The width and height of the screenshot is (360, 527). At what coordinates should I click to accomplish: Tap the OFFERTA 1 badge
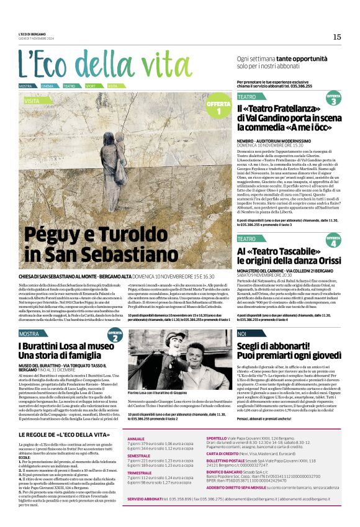coord(218,107)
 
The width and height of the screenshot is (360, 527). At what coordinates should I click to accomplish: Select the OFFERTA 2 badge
coord(115,336)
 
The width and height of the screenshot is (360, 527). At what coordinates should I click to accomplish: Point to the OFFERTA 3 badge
coord(333,98)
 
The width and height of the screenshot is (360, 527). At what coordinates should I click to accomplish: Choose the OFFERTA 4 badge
coord(333,239)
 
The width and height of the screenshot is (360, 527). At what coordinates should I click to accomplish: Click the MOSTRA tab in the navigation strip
coord(25,86)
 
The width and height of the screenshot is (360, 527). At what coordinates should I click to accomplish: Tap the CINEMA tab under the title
coord(48,86)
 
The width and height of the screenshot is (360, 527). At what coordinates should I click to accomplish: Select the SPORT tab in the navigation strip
coord(91,86)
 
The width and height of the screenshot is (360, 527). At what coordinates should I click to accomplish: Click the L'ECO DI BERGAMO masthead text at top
coord(34,34)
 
